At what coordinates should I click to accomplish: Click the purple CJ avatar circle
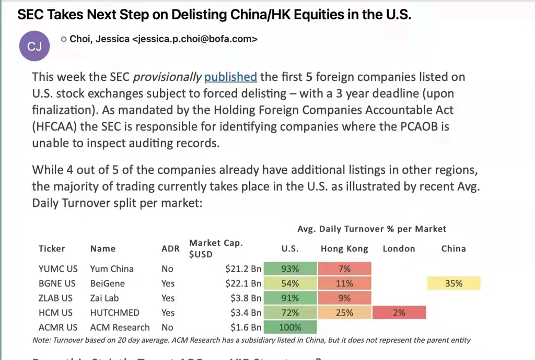pyautogui.click(x=34, y=47)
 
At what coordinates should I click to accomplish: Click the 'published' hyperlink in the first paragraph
pyautogui.click(x=230, y=77)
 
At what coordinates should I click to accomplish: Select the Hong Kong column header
pyautogui.click(x=344, y=249)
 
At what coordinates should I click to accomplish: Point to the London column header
pyautogui.click(x=399, y=249)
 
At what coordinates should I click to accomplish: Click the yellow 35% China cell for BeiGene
pyautogui.click(x=453, y=284)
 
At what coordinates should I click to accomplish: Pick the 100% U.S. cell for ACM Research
pyautogui.click(x=290, y=328)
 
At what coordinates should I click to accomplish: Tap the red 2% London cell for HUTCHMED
pyautogui.click(x=399, y=313)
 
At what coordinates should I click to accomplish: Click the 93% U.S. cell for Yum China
pyautogui.click(x=290, y=269)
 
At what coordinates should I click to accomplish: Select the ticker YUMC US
pyautogui.click(x=58, y=269)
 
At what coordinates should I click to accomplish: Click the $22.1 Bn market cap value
pyautogui.click(x=243, y=284)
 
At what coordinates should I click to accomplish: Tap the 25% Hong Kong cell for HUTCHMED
pyautogui.click(x=344, y=313)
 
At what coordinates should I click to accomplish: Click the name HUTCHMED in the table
pyautogui.click(x=114, y=313)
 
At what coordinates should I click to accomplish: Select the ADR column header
pyautogui.click(x=170, y=249)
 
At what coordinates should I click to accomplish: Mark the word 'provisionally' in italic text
pyautogui.click(x=167, y=77)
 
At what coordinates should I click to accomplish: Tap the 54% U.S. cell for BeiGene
pyautogui.click(x=290, y=284)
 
